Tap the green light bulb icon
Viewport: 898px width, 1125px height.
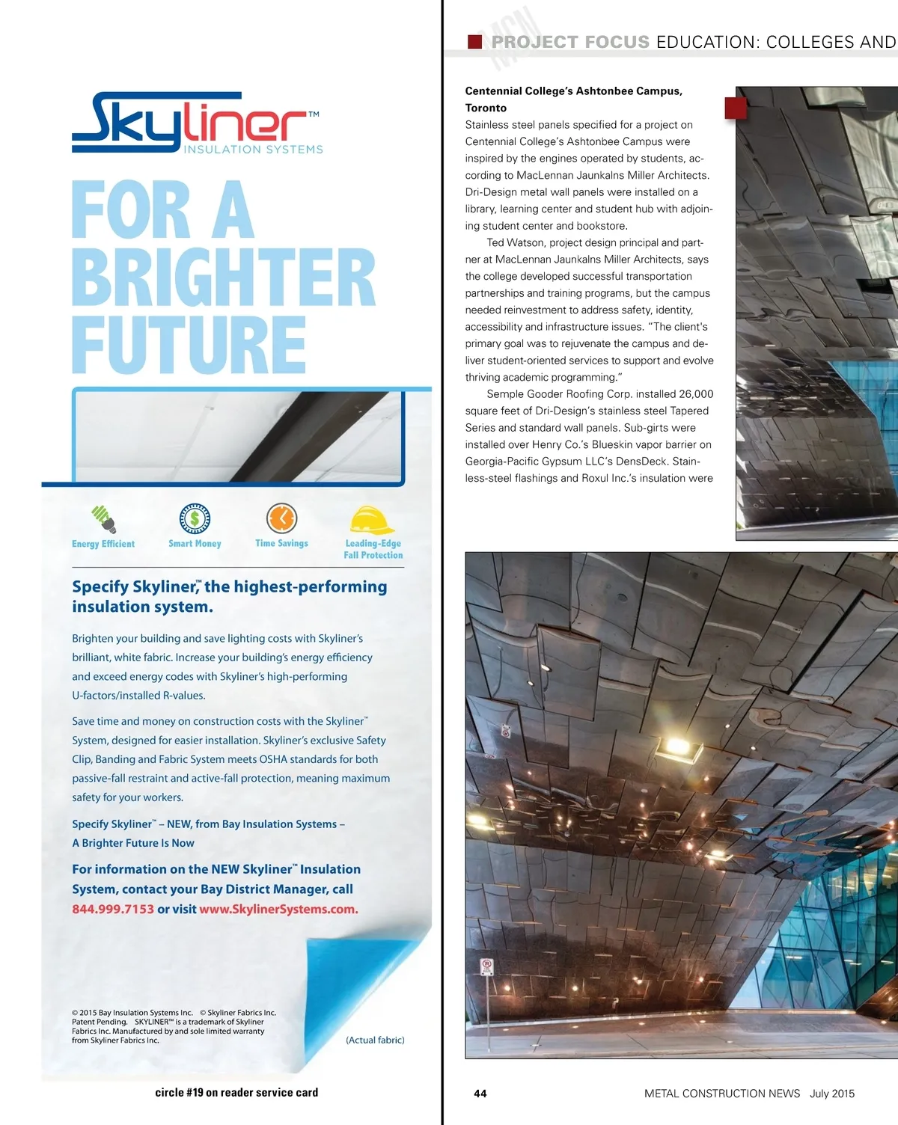click(103, 517)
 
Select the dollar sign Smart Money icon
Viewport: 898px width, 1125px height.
click(195, 518)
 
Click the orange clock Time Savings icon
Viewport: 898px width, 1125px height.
click(281, 518)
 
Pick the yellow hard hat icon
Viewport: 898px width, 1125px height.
click(372, 519)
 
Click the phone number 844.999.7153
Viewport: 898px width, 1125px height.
click(113, 910)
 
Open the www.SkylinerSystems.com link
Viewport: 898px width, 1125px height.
click(278, 910)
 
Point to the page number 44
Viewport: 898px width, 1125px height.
click(480, 1094)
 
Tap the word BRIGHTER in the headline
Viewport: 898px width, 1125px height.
click(223, 278)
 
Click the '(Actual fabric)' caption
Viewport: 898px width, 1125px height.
click(375, 1040)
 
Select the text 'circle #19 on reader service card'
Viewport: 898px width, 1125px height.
click(236, 1093)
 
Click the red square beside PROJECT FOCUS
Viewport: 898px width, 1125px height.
click(474, 42)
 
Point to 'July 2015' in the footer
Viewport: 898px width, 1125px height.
click(832, 1094)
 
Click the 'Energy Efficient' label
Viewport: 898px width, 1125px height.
click(103, 544)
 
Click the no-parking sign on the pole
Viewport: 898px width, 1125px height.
click(486, 966)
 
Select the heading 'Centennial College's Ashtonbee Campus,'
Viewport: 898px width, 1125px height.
click(573, 91)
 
